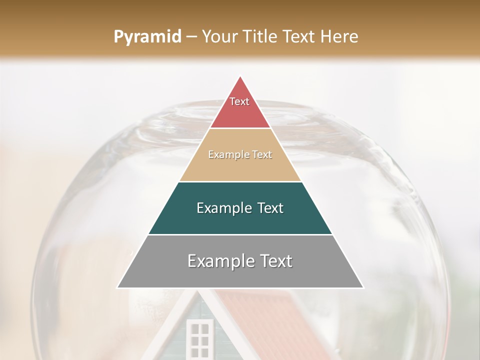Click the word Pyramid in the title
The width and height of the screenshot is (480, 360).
click(x=147, y=37)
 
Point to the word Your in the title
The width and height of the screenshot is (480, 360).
click(x=219, y=37)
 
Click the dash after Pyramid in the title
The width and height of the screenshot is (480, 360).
click(x=191, y=37)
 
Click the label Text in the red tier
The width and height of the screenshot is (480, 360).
click(x=239, y=101)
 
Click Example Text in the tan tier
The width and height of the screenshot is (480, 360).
click(x=240, y=154)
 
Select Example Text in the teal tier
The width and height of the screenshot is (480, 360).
click(x=240, y=208)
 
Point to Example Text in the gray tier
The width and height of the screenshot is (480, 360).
click(x=240, y=261)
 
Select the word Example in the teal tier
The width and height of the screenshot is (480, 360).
click(x=223, y=208)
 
